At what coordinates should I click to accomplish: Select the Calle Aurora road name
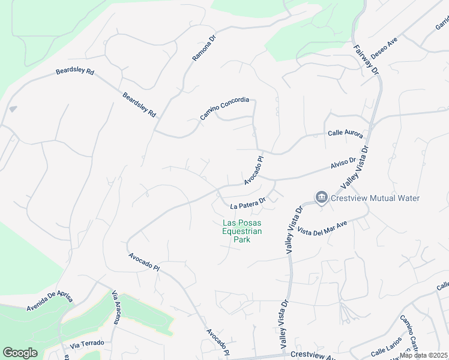pos(345,134)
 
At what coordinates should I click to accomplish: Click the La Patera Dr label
pos(248,204)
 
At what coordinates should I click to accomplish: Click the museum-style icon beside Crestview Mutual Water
pos(322,197)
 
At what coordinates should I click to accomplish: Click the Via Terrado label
pos(86,344)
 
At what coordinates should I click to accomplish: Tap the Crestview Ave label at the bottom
pos(312,355)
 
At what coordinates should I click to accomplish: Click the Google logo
pos(20,352)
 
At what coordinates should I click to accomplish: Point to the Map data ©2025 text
pos(424,355)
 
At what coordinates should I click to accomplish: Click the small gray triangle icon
pos(13,109)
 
